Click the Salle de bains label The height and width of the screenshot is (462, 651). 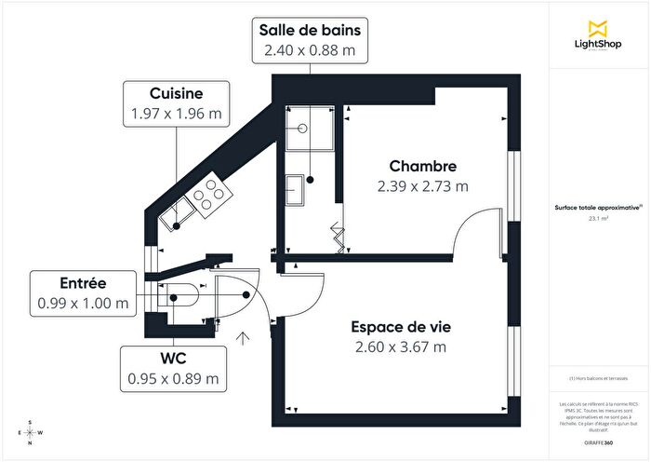click(x=310, y=30)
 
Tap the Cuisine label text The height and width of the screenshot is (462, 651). click(x=176, y=93)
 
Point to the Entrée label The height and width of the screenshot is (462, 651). click(x=84, y=283)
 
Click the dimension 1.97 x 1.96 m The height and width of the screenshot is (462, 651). click(x=176, y=115)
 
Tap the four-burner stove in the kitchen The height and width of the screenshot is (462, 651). click(x=211, y=191)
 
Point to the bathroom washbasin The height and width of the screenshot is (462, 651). click(x=296, y=189)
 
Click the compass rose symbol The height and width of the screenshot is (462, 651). click(x=31, y=433)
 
